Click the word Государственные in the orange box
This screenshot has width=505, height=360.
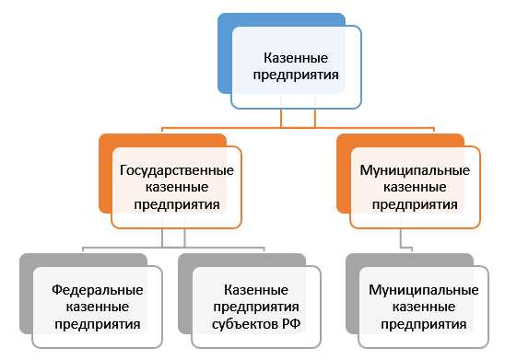point(176,170)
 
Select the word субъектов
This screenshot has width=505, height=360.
point(240,324)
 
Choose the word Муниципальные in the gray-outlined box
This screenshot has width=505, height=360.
point(423,289)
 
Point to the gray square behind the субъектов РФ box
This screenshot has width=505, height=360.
point(184,276)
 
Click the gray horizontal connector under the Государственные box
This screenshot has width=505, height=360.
point(129,247)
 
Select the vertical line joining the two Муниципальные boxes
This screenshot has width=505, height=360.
point(400,239)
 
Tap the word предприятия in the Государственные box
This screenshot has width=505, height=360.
point(176,205)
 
